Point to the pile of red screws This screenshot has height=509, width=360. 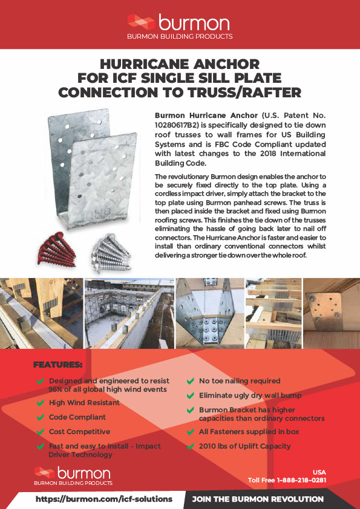coord(59,248)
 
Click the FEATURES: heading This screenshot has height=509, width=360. coord(57,365)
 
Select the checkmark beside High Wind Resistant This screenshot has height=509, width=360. coord(41,403)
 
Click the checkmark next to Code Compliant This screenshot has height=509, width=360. coord(41,417)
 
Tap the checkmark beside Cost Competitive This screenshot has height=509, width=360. coord(41,432)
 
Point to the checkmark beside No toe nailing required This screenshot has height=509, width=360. coord(191,381)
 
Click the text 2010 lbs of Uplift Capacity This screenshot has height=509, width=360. coord(244,446)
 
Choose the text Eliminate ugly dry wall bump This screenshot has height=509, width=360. coord(250,395)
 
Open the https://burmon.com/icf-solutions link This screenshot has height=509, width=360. coord(103,499)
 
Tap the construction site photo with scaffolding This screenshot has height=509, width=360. coord(128,314)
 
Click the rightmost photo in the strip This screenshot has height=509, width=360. coord(331,314)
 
